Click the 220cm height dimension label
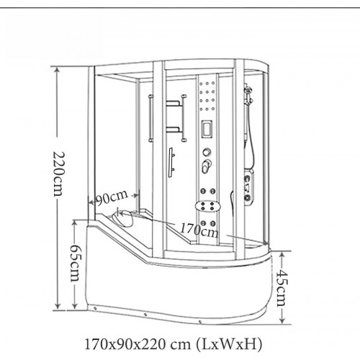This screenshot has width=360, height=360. pyautogui.click(x=58, y=174)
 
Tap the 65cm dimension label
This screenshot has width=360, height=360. pyautogui.click(x=76, y=263)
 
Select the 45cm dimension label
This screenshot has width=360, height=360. pyautogui.click(x=282, y=288)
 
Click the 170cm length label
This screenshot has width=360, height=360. pyautogui.click(x=199, y=230)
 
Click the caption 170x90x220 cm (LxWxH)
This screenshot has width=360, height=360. pyautogui.click(x=174, y=344)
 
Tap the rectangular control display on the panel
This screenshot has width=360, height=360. pyautogui.click(x=207, y=130)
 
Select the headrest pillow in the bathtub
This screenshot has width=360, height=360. pyautogui.click(x=123, y=219)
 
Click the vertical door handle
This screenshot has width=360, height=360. pyautogui.click(x=171, y=163)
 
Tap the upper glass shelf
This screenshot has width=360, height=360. pyautogui.click(x=174, y=104)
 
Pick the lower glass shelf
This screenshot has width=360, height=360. pyautogui.click(x=174, y=130)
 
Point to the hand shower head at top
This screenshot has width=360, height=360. pyautogui.click(x=248, y=91)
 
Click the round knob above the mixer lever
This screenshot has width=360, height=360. pyautogui.click(x=207, y=152)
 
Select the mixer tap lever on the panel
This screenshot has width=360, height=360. pyautogui.click(x=207, y=166)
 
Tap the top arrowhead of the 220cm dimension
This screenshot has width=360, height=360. pyautogui.click(x=57, y=71)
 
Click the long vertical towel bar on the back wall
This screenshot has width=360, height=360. pyautogui.click(x=150, y=119)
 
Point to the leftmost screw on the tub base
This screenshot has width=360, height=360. pyautogui.click(x=95, y=307)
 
